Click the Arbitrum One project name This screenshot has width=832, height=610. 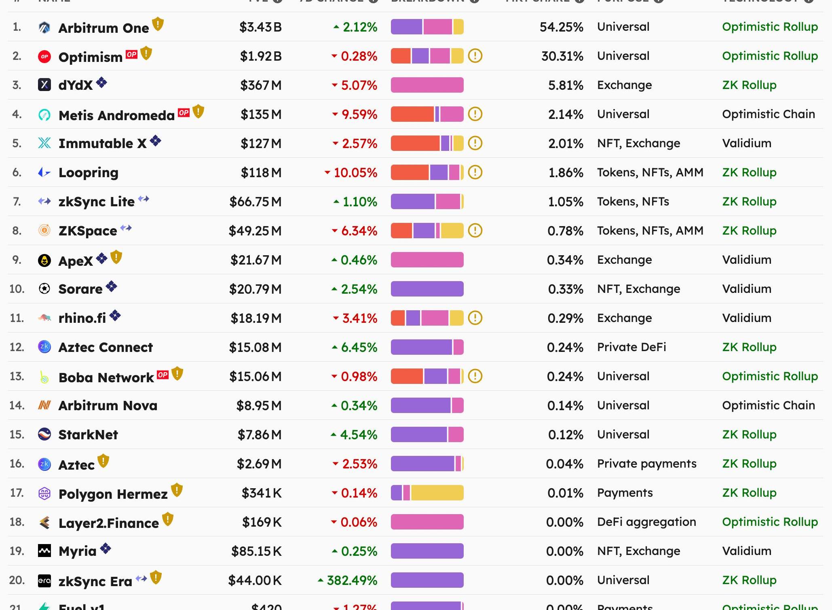(x=103, y=28)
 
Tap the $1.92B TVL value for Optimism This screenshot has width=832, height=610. (x=261, y=56)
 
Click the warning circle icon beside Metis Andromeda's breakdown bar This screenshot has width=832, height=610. (x=475, y=114)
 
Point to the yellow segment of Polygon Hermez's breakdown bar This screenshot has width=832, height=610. (x=437, y=493)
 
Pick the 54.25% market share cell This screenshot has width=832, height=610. (x=561, y=27)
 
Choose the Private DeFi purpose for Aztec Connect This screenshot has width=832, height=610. (x=631, y=347)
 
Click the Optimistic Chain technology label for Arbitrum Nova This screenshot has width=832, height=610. (x=768, y=405)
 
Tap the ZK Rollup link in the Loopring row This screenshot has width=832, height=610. (x=749, y=172)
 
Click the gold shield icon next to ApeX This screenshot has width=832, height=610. (x=116, y=257)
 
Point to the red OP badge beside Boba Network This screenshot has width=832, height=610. (x=163, y=375)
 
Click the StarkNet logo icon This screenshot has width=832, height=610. (x=44, y=434)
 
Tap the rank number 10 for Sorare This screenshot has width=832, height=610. (x=17, y=289)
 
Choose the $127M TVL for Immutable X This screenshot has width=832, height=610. (x=261, y=144)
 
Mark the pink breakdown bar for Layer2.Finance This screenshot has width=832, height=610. (x=427, y=522)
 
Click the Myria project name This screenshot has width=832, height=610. (x=77, y=551)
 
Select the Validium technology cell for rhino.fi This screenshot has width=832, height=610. (x=746, y=318)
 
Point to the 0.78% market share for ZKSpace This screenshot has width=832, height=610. (x=565, y=231)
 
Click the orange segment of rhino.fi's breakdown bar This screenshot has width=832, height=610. (x=398, y=318)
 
